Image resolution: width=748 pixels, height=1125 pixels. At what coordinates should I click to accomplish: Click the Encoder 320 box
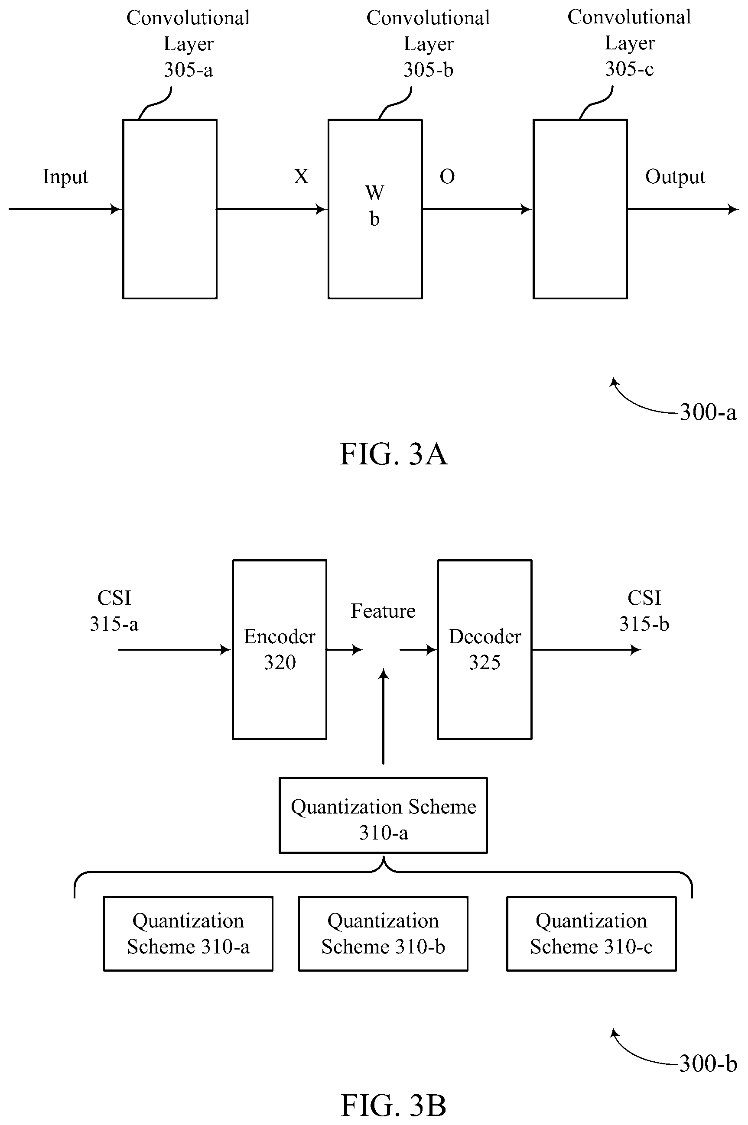click(x=280, y=649)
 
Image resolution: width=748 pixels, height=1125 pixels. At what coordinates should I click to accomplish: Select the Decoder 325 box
click(x=485, y=649)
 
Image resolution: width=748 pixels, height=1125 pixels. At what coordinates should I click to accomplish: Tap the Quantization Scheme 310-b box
click(x=383, y=934)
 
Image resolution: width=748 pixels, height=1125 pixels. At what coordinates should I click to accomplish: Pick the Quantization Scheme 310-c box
click(x=592, y=934)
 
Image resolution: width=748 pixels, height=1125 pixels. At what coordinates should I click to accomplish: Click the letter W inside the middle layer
click(x=374, y=193)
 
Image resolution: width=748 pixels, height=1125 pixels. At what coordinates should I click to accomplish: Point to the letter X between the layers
click(x=301, y=176)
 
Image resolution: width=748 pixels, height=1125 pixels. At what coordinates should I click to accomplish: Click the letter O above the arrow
click(x=447, y=177)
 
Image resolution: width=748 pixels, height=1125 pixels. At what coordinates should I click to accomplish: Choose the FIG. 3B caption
click(x=394, y=1105)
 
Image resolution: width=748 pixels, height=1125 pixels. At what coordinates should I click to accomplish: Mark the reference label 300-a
click(x=708, y=412)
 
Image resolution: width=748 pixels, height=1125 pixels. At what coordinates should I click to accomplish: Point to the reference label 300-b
click(x=708, y=1063)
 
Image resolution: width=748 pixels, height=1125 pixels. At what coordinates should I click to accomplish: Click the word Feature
click(x=383, y=611)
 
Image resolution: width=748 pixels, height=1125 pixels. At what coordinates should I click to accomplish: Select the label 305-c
click(x=629, y=69)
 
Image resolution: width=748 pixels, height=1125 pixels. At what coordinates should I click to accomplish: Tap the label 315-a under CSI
click(x=114, y=623)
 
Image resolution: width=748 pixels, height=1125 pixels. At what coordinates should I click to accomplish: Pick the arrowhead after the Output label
click(x=734, y=209)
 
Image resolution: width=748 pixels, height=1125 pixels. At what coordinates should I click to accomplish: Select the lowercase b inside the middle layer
click(x=374, y=219)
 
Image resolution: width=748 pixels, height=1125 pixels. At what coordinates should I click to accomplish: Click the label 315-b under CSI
click(x=644, y=623)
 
